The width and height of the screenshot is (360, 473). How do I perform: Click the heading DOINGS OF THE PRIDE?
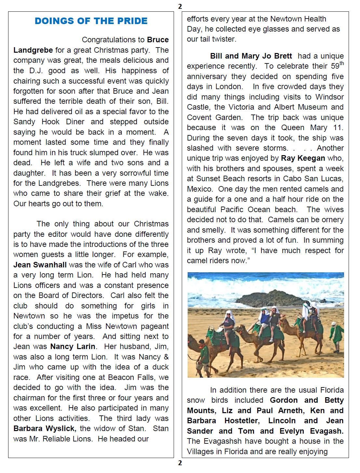coord(91,21)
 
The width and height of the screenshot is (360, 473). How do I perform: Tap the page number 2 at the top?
coord(180,6)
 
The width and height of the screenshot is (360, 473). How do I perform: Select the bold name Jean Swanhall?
coord(40,265)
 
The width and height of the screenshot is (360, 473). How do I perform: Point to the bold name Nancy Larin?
coord(73,346)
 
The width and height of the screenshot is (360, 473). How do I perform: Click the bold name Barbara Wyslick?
coord(45,428)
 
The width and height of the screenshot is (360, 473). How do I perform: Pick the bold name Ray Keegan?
coord(303,158)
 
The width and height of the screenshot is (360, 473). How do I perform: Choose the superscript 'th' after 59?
coord(341,63)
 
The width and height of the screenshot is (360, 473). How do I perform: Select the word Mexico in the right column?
coord(199,189)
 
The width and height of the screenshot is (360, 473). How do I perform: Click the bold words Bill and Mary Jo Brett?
coord(251,56)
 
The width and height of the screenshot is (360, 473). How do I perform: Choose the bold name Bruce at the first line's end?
coord(158,40)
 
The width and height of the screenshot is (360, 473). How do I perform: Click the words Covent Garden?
coord(214,117)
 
